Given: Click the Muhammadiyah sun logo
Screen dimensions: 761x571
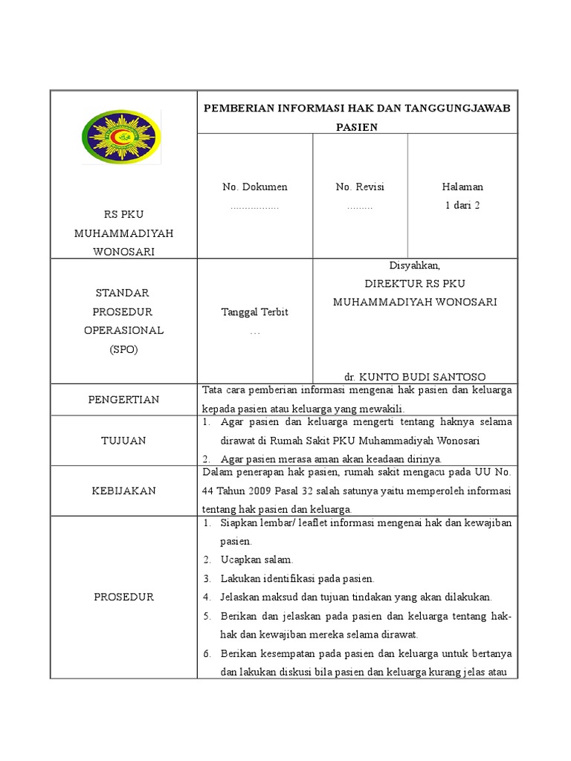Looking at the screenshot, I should point(120,137).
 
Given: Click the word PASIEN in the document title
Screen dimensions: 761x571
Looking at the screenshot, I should point(356,127).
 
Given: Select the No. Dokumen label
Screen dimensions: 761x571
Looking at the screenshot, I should point(255,187).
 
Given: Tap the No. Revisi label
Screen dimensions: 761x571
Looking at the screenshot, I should point(360,187).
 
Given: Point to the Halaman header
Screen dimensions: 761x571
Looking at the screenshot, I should point(462,187).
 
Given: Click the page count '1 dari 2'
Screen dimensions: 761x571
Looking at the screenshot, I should point(462,205).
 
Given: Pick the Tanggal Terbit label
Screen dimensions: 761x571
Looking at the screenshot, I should point(255,312).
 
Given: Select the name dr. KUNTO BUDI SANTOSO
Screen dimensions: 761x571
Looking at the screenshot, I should point(415,377).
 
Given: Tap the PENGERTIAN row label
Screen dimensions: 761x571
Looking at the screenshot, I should point(123,400).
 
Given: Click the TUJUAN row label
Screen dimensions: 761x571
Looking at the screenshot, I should point(123,441).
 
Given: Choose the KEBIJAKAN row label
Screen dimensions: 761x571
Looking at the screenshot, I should point(123,491).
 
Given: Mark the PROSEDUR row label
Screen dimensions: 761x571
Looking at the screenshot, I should point(123,597).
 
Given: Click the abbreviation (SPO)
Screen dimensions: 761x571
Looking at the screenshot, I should point(123,349).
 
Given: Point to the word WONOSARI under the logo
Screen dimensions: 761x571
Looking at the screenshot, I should point(123,251).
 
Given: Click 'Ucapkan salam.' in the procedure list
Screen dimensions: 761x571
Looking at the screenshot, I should point(257,560).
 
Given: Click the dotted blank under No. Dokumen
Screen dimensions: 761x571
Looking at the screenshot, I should point(254,206).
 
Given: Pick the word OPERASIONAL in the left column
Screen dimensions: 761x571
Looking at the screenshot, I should point(123,330).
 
